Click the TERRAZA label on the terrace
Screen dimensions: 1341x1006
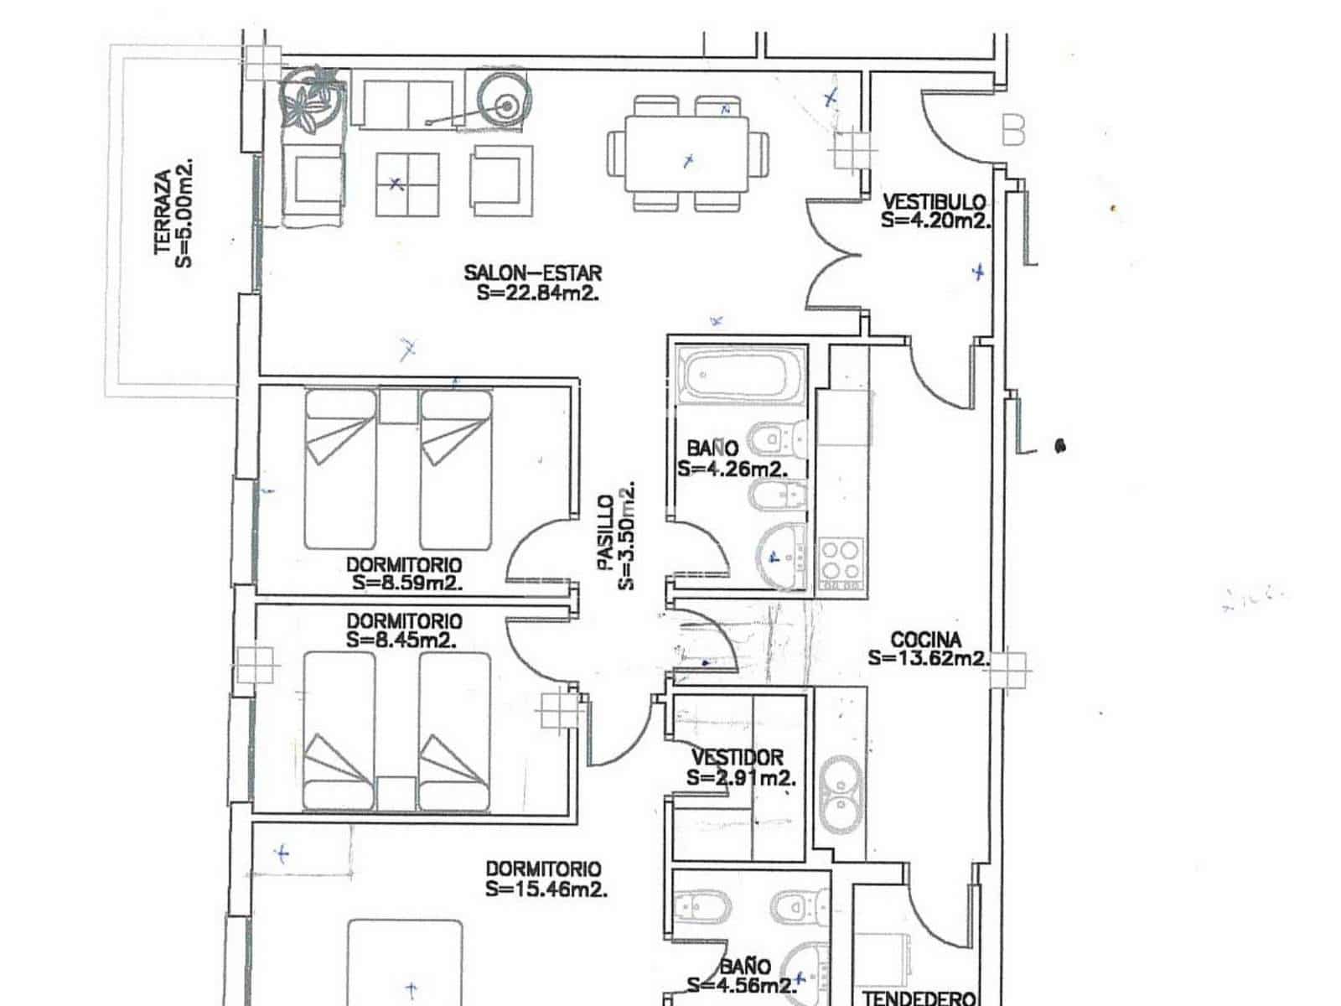click(x=163, y=213)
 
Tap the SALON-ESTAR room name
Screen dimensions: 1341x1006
click(x=533, y=272)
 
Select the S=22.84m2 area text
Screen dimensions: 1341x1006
click(x=537, y=293)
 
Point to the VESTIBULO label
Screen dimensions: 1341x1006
click(x=935, y=201)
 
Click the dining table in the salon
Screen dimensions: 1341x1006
click(x=686, y=154)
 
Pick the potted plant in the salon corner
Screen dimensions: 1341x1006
click(x=311, y=99)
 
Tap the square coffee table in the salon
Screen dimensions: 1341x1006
click(x=407, y=184)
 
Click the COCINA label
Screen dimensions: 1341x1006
click(x=925, y=640)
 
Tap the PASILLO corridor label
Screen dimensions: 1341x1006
click(x=605, y=533)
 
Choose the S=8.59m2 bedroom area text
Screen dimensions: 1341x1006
click(x=406, y=583)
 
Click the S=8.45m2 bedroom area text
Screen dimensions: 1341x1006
click(x=401, y=640)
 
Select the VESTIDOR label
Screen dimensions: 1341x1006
click(x=737, y=757)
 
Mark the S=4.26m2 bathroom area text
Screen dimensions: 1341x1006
click(x=732, y=469)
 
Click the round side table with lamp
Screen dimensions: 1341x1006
click(x=505, y=101)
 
